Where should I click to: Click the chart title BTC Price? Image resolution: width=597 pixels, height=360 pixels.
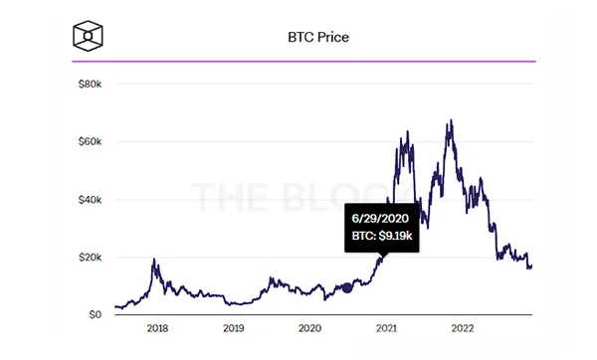pos(318,38)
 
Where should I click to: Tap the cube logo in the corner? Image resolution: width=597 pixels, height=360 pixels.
pos(88,36)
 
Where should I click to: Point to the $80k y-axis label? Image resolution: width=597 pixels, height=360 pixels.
pos(90,85)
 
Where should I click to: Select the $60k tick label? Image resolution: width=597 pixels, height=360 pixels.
pos(90,142)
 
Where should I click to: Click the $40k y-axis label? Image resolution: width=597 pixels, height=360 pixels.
pos(90,200)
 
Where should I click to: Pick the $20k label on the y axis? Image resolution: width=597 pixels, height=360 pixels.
pos(90,258)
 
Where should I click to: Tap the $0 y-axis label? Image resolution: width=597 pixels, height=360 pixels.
pos(96,315)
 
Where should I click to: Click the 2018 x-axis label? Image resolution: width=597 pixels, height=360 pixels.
pos(157,328)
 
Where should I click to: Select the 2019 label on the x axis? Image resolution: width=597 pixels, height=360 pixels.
pos(234,328)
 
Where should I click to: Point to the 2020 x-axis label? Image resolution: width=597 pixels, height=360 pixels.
pos(309,328)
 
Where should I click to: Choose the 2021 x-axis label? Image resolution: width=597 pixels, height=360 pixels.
pos(386,328)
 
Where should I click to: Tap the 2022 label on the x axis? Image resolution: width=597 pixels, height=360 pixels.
pos(463,328)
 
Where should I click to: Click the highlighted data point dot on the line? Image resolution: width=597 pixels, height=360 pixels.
pos(347,288)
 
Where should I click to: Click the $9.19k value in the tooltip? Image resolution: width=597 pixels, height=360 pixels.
pos(396,237)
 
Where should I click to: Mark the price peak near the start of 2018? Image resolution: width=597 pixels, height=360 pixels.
pos(154,259)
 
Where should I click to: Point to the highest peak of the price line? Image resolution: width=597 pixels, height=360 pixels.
pos(452,120)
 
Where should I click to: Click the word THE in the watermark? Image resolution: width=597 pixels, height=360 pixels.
pos(230,198)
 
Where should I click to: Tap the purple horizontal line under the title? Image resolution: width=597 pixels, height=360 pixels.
pos(303,62)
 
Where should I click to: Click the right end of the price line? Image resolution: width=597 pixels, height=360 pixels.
pos(532,267)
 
